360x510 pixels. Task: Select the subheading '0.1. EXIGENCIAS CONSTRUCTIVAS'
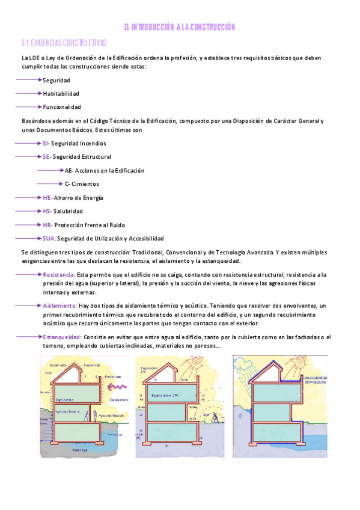click(63, 43)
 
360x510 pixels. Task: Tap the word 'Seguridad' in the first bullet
click(56, 80)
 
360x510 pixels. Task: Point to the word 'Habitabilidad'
click(61, 93)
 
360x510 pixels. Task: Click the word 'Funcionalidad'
click(62, 107)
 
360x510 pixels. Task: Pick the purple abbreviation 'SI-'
click(46, 143)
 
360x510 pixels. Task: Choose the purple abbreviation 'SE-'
click(47, 157)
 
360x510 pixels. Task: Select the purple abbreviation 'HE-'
click(47, 197)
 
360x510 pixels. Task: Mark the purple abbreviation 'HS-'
click(47, 211)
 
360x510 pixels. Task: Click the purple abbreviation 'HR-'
click(48, 225)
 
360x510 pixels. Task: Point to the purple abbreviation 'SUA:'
click(49, 239)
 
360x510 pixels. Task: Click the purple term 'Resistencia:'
click(59, 274)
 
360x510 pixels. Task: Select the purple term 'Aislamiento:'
click(59, 306)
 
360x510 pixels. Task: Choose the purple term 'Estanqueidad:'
click(62, 337)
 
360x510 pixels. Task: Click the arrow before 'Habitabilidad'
click(28, 93)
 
